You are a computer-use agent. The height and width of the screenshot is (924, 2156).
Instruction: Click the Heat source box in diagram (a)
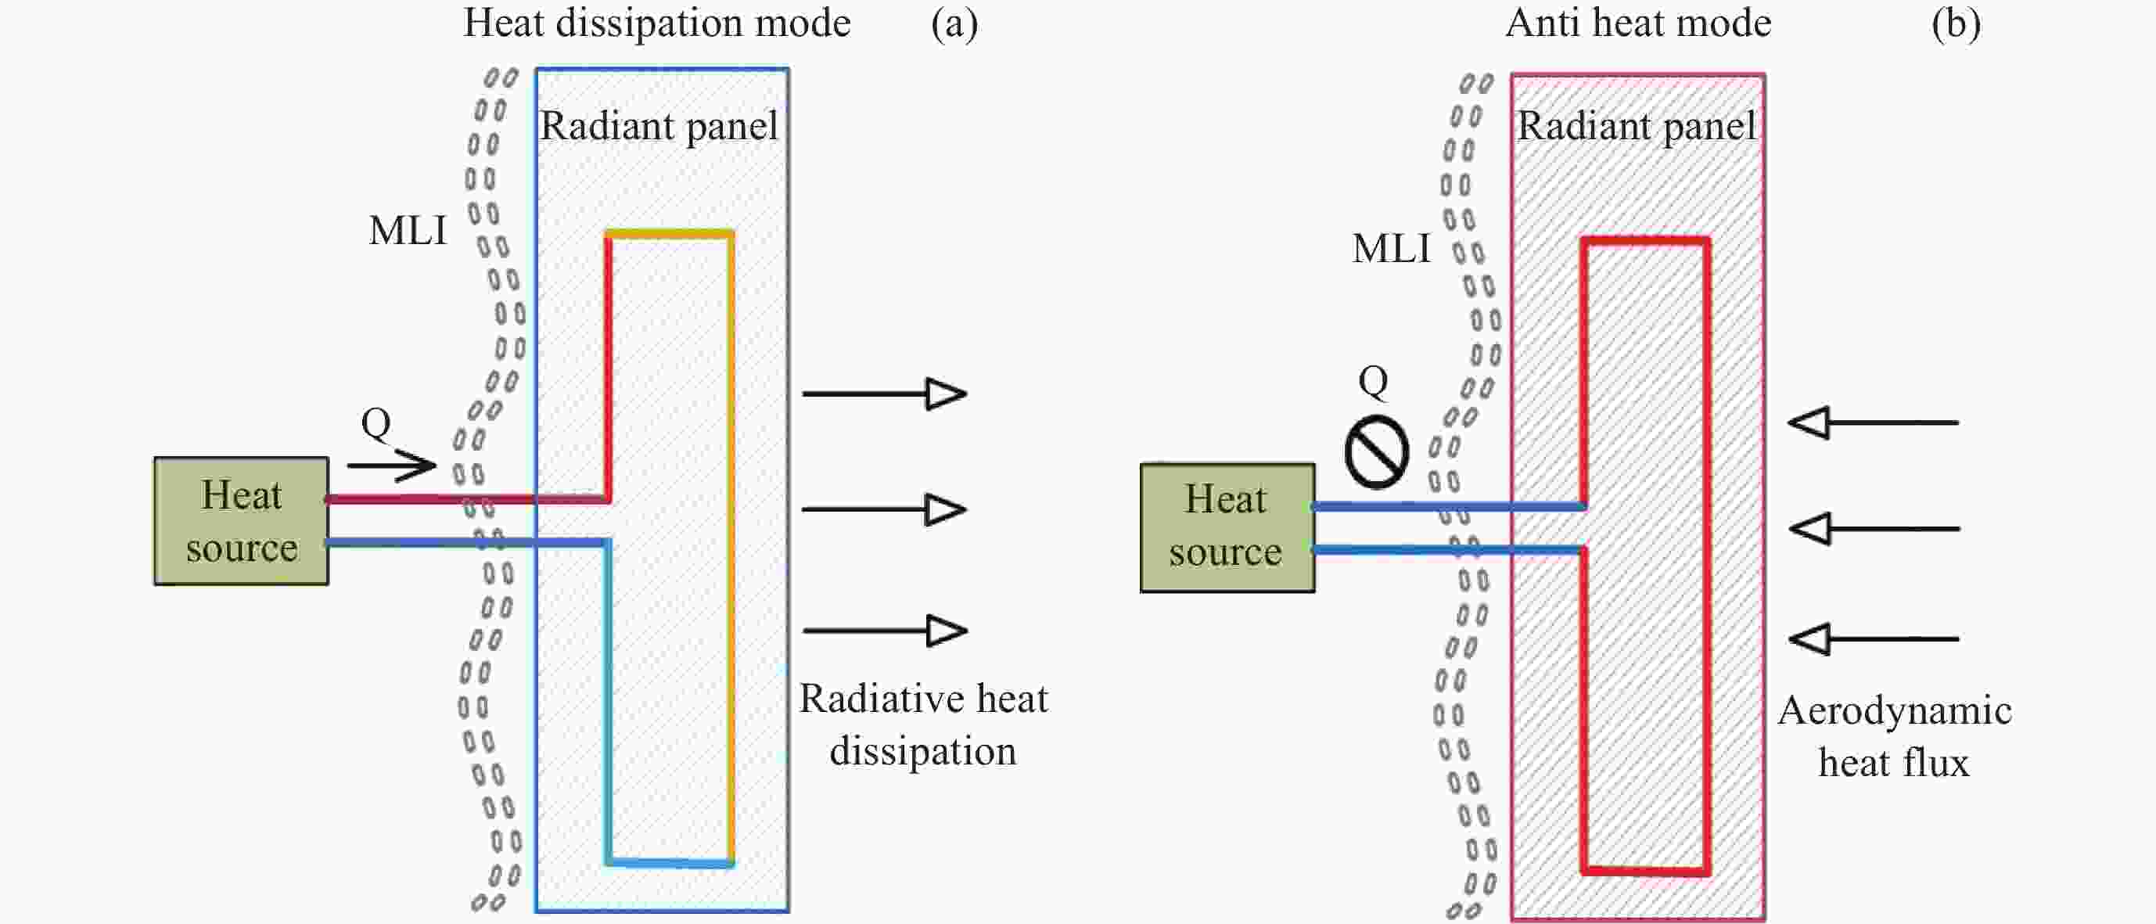tap(241, 520)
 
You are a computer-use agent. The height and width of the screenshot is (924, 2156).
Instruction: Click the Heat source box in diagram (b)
tap(1227, 527)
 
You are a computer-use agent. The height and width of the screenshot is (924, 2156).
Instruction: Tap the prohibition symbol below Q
tap(1376, 452)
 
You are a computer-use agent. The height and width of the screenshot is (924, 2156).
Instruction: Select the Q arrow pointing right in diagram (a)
tap(392, 465)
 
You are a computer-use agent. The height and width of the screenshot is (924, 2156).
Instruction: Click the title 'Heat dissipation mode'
tap(657, 23)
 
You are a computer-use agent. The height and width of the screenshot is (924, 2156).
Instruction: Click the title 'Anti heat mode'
tap(1638, 23)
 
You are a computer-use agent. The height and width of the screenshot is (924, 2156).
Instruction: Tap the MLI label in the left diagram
tap(408, 230)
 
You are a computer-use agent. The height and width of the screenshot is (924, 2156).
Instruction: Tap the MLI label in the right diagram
tap(1391, 249)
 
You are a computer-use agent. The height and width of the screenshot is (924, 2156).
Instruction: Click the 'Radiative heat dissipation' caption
tap(923, 724)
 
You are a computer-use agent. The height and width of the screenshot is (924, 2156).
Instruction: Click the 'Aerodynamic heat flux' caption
tap(1894, 736)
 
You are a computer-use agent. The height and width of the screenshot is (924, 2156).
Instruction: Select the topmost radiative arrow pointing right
tap(884, 394)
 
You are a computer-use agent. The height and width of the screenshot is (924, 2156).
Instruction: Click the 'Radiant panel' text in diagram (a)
tap(659, 127)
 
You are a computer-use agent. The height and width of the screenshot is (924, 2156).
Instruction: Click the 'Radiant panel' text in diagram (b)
tap(1637, 127)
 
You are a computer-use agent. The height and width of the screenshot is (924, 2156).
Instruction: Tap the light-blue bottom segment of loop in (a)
tap(670, 862)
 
